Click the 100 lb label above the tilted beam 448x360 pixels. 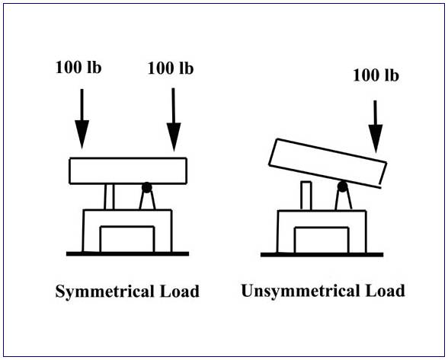point(376,75)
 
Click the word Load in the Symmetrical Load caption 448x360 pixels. point(180,292)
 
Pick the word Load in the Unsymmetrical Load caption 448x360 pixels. point(386,291)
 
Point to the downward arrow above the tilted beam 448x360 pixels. point(376,126)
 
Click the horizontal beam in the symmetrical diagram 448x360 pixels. point(128,170)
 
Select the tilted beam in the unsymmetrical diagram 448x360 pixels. point(328,164)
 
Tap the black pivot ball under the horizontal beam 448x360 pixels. point(146,187)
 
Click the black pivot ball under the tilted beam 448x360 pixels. point(342,186)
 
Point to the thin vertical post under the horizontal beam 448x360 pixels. point(109,196)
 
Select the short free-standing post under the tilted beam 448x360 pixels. point(306,196)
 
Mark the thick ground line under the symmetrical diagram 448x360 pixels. point(127,253)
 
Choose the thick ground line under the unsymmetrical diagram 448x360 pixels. point(322,255)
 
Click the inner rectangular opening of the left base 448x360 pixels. point(127,239)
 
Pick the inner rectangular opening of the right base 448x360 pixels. point(322,240)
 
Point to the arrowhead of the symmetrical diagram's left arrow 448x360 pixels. point(82,135)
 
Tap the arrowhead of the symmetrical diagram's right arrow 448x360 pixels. point(174,137)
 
